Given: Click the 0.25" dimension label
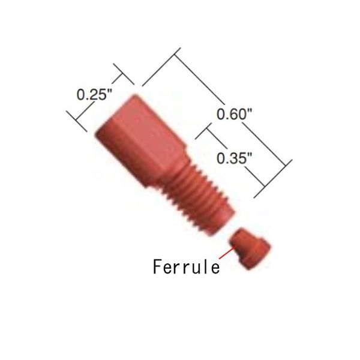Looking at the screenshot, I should point(95,94).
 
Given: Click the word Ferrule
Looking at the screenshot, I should point(186,265).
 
